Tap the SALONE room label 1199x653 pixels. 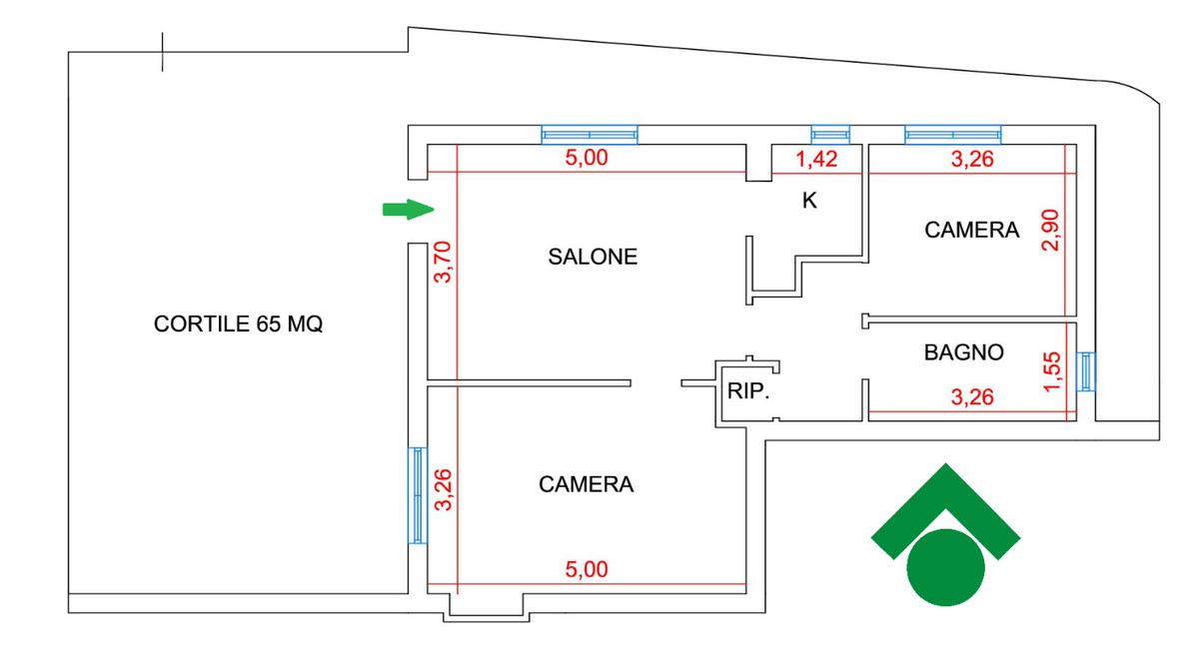pyautogui.click(x=593, y=257)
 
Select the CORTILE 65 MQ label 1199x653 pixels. pyautogui.click(x=239, y=325)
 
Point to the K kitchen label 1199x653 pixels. pyautogui.click(x=810, y=201)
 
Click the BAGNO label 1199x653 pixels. pyautogui.click(x=963, y=352)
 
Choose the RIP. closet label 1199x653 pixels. pyautogui.click(x=748, y=392)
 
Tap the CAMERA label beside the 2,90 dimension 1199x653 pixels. pyautogui.click(x=972, y=231)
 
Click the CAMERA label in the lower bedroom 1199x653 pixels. pyautogui.click(x=587, y=485)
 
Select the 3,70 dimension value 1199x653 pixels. pyautogui.click(x=443, y=263)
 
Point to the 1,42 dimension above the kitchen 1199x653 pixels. pyautogui.click(x=815, y=159)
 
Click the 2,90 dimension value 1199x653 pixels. pyautogui.click(x=1049, y=230)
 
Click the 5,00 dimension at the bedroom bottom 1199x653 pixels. pyautogui.click(x=587, y=570)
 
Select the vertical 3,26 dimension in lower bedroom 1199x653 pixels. pyautogui.click(x=443, y=490)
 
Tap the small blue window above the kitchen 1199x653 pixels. pyautogui.click(x=829, y=135)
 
